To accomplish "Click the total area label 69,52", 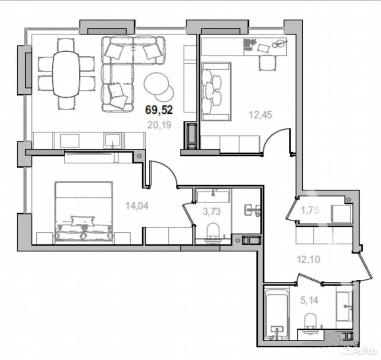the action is coord(159,110).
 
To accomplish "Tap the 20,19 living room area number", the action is coord(159,125).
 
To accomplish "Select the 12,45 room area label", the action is coord(260,115).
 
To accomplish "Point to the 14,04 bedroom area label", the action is coord(137,206).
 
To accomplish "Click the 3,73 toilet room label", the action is coord(212,211).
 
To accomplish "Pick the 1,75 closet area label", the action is coord(310,210).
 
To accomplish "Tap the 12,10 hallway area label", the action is coord(309,259).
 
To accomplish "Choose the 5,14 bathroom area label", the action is coord(309,300).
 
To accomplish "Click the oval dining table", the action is coord(66,74).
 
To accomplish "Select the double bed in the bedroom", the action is coord(84,212).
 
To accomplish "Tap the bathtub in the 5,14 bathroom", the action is coord(276,314).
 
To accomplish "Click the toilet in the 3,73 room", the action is coord(213,232).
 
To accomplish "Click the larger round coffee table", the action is coord(157,84).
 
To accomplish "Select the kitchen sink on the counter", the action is coord(112,140).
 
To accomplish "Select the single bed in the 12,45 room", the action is coord(216,91).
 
